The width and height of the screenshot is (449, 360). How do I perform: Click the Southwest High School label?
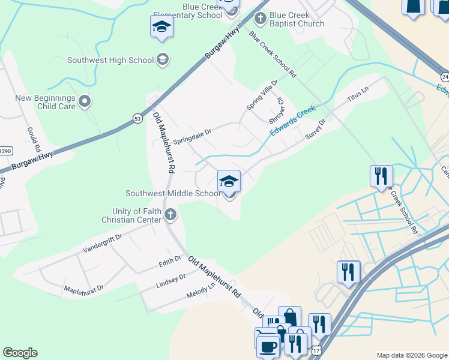110,60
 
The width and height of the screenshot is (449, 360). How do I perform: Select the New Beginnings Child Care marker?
85,101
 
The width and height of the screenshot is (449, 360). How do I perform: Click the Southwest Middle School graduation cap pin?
229,181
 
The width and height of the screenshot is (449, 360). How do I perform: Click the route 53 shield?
137,119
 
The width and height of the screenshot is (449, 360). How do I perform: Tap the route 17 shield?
316,349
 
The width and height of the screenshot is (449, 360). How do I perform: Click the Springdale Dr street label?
192,134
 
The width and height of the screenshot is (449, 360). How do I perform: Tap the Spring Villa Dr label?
263,95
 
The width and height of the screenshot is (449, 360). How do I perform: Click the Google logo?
20,353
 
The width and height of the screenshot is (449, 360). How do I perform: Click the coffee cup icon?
268,346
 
